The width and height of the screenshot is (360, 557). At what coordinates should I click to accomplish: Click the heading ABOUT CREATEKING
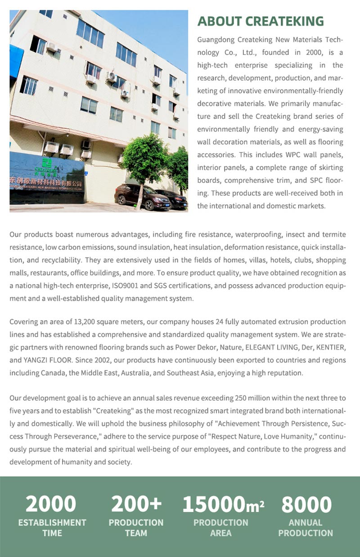tap(261, 21)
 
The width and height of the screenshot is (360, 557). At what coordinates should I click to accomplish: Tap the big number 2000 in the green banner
tap(50, 504)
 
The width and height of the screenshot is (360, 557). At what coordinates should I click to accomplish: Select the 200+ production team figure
tap(136, 504)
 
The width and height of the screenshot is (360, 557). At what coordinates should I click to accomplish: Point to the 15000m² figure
tap(223, 504)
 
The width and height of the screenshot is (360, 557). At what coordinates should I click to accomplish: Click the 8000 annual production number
tap(306, 504)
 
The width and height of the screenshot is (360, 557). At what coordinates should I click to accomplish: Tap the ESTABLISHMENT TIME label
tap(52, 528)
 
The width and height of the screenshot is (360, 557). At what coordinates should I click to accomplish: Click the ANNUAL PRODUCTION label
tap(306, 528)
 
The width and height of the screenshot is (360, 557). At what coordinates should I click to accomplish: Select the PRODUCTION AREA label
tap(220, 528)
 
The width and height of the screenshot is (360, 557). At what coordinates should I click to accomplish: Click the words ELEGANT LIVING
tap(263, 348)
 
